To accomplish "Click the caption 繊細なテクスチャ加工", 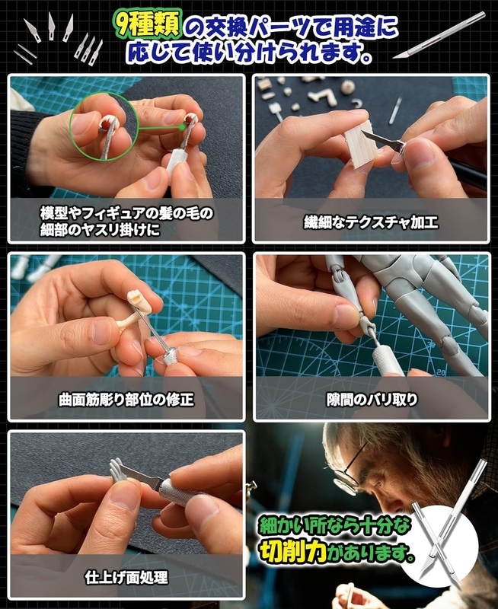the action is click(371, 222).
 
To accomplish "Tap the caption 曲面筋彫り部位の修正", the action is click(126, 399).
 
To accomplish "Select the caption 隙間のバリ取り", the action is click(372, 399).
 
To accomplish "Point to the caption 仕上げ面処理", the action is click(126, 578).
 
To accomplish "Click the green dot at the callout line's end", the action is click(182, 126).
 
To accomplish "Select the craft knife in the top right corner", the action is click(439, 36).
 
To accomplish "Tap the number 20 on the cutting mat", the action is click(440, 372).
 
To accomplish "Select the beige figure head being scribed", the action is click(140, 302).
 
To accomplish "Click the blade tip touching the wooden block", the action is click(362, 132).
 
